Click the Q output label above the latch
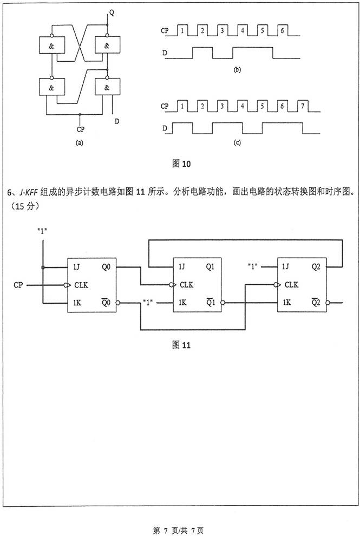coord(112,11)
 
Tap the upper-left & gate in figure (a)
coord(51,47)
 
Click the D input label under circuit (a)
coord(117,121)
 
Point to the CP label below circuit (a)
coord(80,129)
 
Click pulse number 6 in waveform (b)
coord(282,31)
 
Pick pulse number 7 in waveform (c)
coord(302,107)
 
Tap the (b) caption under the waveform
coord(237,70)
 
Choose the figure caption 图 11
coord(180,344)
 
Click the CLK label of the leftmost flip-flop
coord(81,284)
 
